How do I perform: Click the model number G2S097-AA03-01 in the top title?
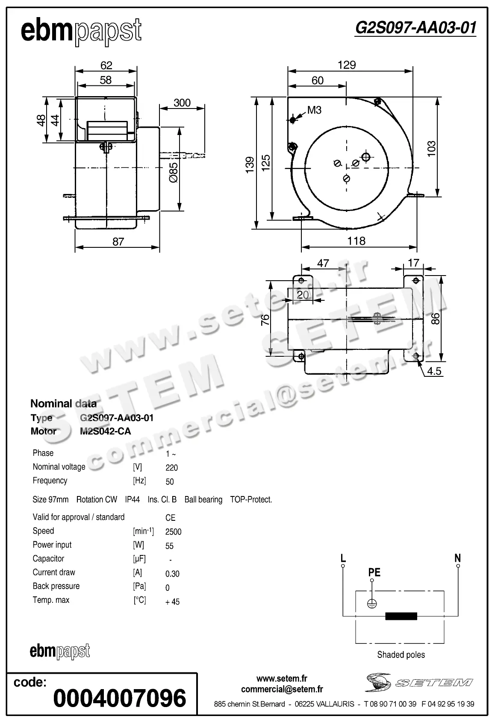pos(415,28)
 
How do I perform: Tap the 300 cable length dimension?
pos(182,103)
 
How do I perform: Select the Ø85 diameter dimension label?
pos(173,173)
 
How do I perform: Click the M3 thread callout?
pos(314,110)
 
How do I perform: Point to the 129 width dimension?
pos(346,65)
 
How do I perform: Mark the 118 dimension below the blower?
pos(356,241)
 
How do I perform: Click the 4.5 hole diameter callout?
pos(434,371)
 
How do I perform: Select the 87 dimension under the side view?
pos(118,242)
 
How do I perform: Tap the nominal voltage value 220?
pos(171,468)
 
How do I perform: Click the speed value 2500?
pos(173,532)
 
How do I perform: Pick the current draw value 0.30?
pos(172,574)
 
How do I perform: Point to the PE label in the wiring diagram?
pos(374,572)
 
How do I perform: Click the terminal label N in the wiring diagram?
pos(457,558)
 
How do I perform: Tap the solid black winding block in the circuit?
pos(401,616)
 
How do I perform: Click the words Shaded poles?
pos(401,654)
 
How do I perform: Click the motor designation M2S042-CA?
pos(105,431)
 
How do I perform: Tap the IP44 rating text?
pos(132,499)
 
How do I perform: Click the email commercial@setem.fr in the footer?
pos(282,689)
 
